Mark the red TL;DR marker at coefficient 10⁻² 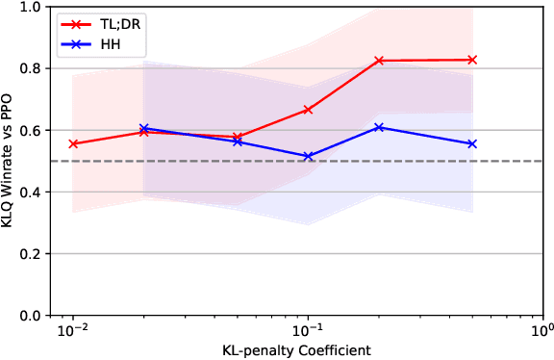coord(73,143)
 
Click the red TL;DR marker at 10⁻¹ coord(308,110)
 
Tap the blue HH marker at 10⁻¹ coord(308,156)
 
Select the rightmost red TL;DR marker coord(472,60)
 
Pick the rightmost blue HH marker coord(472,143)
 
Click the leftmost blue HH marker coord(143,128)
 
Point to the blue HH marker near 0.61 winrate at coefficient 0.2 coord(379,127)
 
